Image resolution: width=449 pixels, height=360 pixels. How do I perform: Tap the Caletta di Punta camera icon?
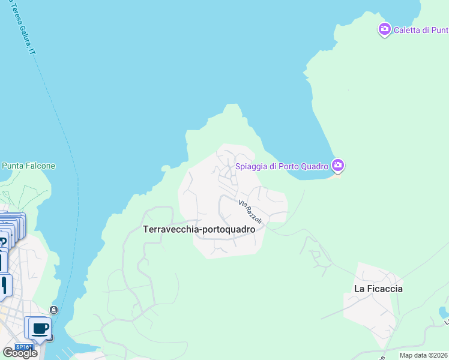(x=385, y=29)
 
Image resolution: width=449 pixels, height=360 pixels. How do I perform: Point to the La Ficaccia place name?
(x=378, y=289)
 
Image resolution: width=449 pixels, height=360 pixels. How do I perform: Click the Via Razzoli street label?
(x=250, y=212)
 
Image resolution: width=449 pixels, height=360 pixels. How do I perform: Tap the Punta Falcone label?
(x=29, y=166)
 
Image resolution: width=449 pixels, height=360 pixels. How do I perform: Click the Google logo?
(x=20, y=353)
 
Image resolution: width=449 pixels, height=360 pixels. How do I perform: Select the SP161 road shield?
(x=23, y=347)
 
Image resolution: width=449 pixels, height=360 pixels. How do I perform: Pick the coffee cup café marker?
(x=40, y=328)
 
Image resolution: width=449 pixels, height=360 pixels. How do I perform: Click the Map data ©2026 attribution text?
(x=424, y=355)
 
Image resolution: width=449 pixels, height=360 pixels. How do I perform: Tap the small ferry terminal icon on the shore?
(x=53, y=310)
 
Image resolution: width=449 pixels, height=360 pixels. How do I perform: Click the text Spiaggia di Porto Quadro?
(x=282, y=166)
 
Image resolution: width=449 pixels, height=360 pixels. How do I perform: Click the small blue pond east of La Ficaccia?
(x=443, y=313)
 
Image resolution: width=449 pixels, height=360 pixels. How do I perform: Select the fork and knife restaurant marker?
(x=5, y=284)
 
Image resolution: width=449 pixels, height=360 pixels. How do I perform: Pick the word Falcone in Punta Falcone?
(x=40, y=166)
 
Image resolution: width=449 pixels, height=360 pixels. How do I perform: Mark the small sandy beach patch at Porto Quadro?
(x=337, y=174)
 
